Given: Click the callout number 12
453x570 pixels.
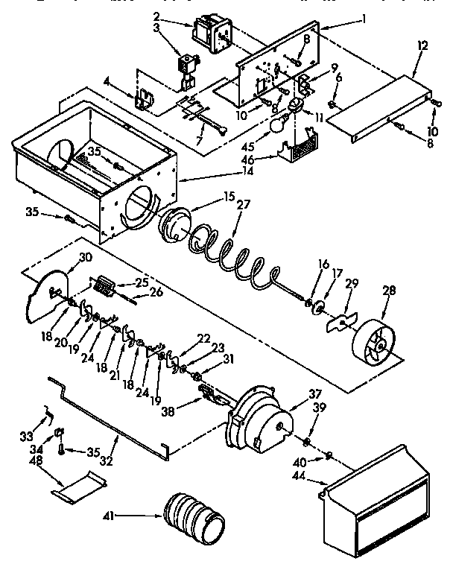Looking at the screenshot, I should [422, 46].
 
